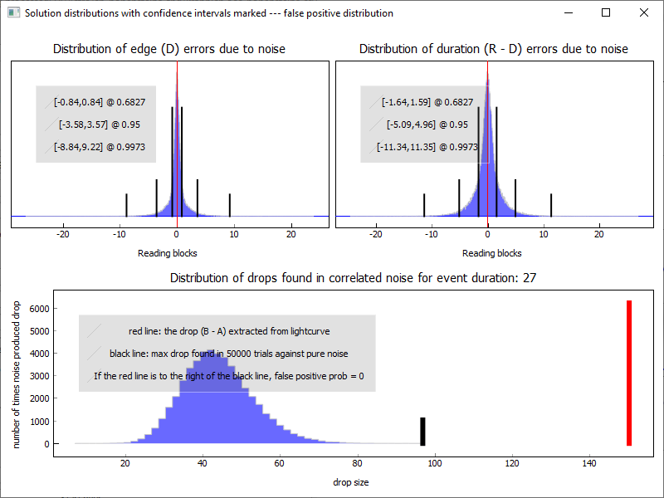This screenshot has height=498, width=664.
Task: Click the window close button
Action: (644, 12)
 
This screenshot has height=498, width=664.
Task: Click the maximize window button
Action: (606, 12)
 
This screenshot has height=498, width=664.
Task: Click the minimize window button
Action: (568, 12)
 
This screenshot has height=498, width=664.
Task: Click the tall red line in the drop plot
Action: (629, 373)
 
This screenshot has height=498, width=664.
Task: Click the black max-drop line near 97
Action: (422, 431)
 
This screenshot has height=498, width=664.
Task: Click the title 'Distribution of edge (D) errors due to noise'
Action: (169, 49)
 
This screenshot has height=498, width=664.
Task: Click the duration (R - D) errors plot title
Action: (493, 49)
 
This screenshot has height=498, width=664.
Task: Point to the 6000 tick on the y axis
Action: (39, 309)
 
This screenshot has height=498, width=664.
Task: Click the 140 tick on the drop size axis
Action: (589, 463)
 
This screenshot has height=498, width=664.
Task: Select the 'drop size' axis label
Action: (351, 482)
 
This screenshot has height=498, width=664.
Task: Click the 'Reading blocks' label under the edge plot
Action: (168, 253)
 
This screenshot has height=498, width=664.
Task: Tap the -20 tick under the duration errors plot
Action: (376, 235)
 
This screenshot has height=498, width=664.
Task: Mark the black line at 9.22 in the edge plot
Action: (229, 204)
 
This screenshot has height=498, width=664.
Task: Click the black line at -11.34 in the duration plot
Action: (424, 205)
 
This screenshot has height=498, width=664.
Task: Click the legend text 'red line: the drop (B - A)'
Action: (230, 330)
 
